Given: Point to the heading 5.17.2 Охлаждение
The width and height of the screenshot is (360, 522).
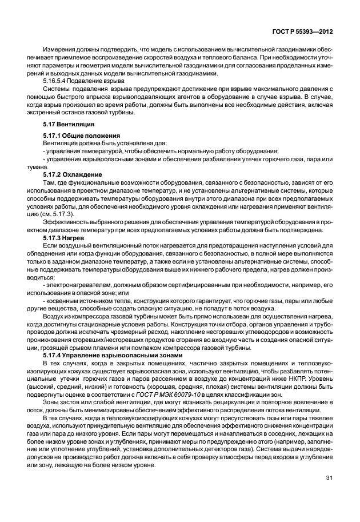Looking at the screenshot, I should point(73,174).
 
